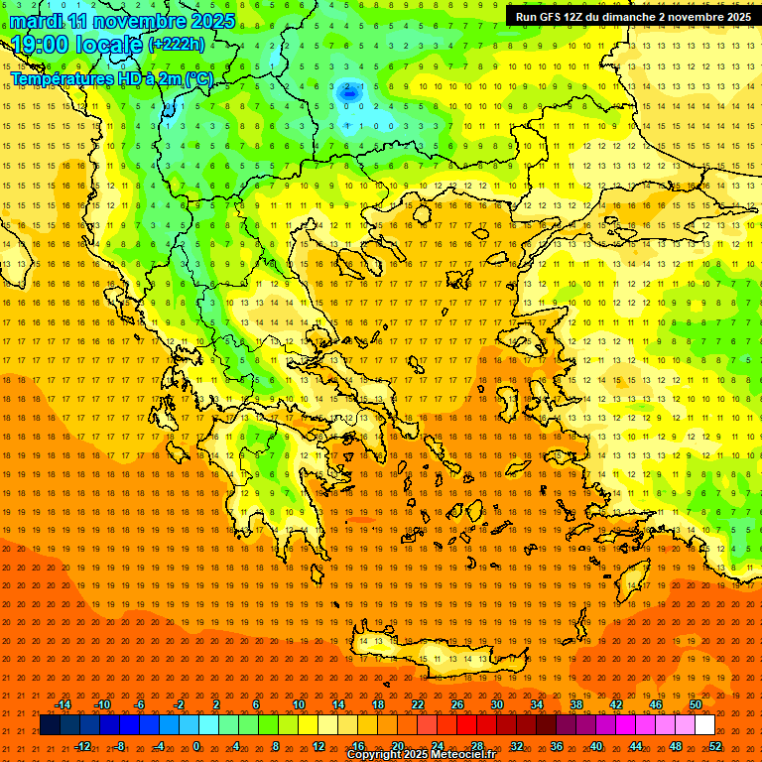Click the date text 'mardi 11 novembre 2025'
point(123,21)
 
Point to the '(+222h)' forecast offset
point(177,44)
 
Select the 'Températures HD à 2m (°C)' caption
point(111,78)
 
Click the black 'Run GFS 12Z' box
point(633,16)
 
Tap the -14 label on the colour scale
point(63,704)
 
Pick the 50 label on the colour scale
point(695,704)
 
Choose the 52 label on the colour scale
point(715,745)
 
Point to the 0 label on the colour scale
point(196,745)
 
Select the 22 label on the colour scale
point(418,704)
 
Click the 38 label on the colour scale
point(576,704)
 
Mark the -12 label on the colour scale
point(83,745)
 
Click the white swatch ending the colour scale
point(704,725)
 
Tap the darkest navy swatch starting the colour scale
point(50,725)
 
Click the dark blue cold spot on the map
point(349,91)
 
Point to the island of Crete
point(427,650)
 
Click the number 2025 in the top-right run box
point(735,16)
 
